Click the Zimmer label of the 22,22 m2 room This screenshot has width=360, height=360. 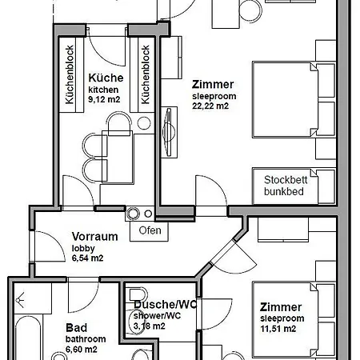(x=213, y=83)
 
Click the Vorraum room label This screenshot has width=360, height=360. (x=95, y=237)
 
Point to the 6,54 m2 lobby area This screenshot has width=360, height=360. (x=88, y=258)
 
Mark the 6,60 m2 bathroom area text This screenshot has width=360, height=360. (x=81, y=350)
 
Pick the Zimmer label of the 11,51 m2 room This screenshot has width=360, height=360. (x=280, y=307)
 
